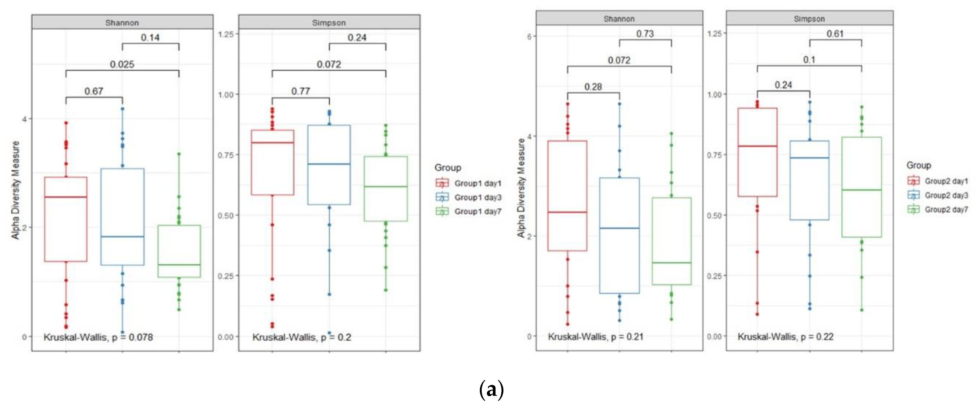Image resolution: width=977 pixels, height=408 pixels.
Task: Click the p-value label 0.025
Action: coord(122,64)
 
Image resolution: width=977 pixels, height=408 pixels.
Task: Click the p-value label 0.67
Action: coord(94,91)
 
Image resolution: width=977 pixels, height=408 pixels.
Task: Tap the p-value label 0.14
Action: coord(150,37)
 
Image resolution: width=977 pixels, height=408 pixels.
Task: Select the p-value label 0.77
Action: coord(300,91)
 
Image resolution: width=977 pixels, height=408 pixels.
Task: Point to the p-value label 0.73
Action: coord(645,34)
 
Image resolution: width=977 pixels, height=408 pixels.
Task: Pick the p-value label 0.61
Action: coord(835,34)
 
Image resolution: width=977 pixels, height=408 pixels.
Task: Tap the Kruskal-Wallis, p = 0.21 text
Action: coord(595,337)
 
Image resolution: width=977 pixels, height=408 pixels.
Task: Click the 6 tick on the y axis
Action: coord(529,36)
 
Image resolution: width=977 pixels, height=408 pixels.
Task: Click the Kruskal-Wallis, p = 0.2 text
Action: coord(301,337)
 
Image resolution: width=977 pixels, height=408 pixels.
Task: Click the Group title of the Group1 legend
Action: coord(448,167)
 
